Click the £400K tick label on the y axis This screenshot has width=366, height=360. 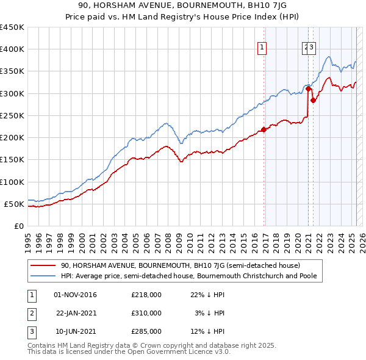(12, 49)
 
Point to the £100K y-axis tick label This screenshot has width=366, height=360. (12, 182)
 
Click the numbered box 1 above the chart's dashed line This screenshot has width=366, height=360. (262, 48)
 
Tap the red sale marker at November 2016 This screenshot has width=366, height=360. (264, 129)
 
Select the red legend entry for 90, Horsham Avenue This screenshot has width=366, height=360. (180, 266)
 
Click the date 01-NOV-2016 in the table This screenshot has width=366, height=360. (76, 295)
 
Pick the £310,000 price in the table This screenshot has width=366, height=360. (146, 313)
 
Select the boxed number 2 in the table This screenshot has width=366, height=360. (30, 313)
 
